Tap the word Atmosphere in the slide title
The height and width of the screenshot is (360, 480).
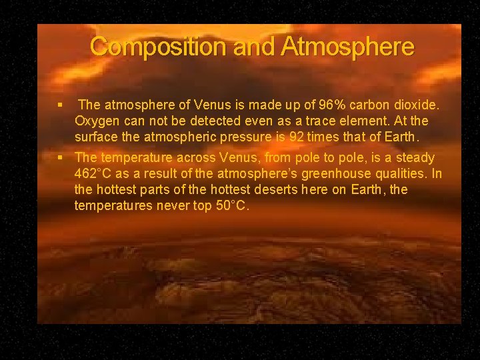pyautogui.click(x=348, y=47)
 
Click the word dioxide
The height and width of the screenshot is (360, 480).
pyautogui.click(x=415, y=105)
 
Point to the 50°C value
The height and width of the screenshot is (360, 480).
pyautogui.click(x=231, y=206)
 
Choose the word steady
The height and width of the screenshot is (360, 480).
pyautogui.click(x=415, y=158)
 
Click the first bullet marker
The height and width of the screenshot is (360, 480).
pyautogui.click(x=60, y=105)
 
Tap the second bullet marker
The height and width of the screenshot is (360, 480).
pyautogui.click(x=60, y=158)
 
